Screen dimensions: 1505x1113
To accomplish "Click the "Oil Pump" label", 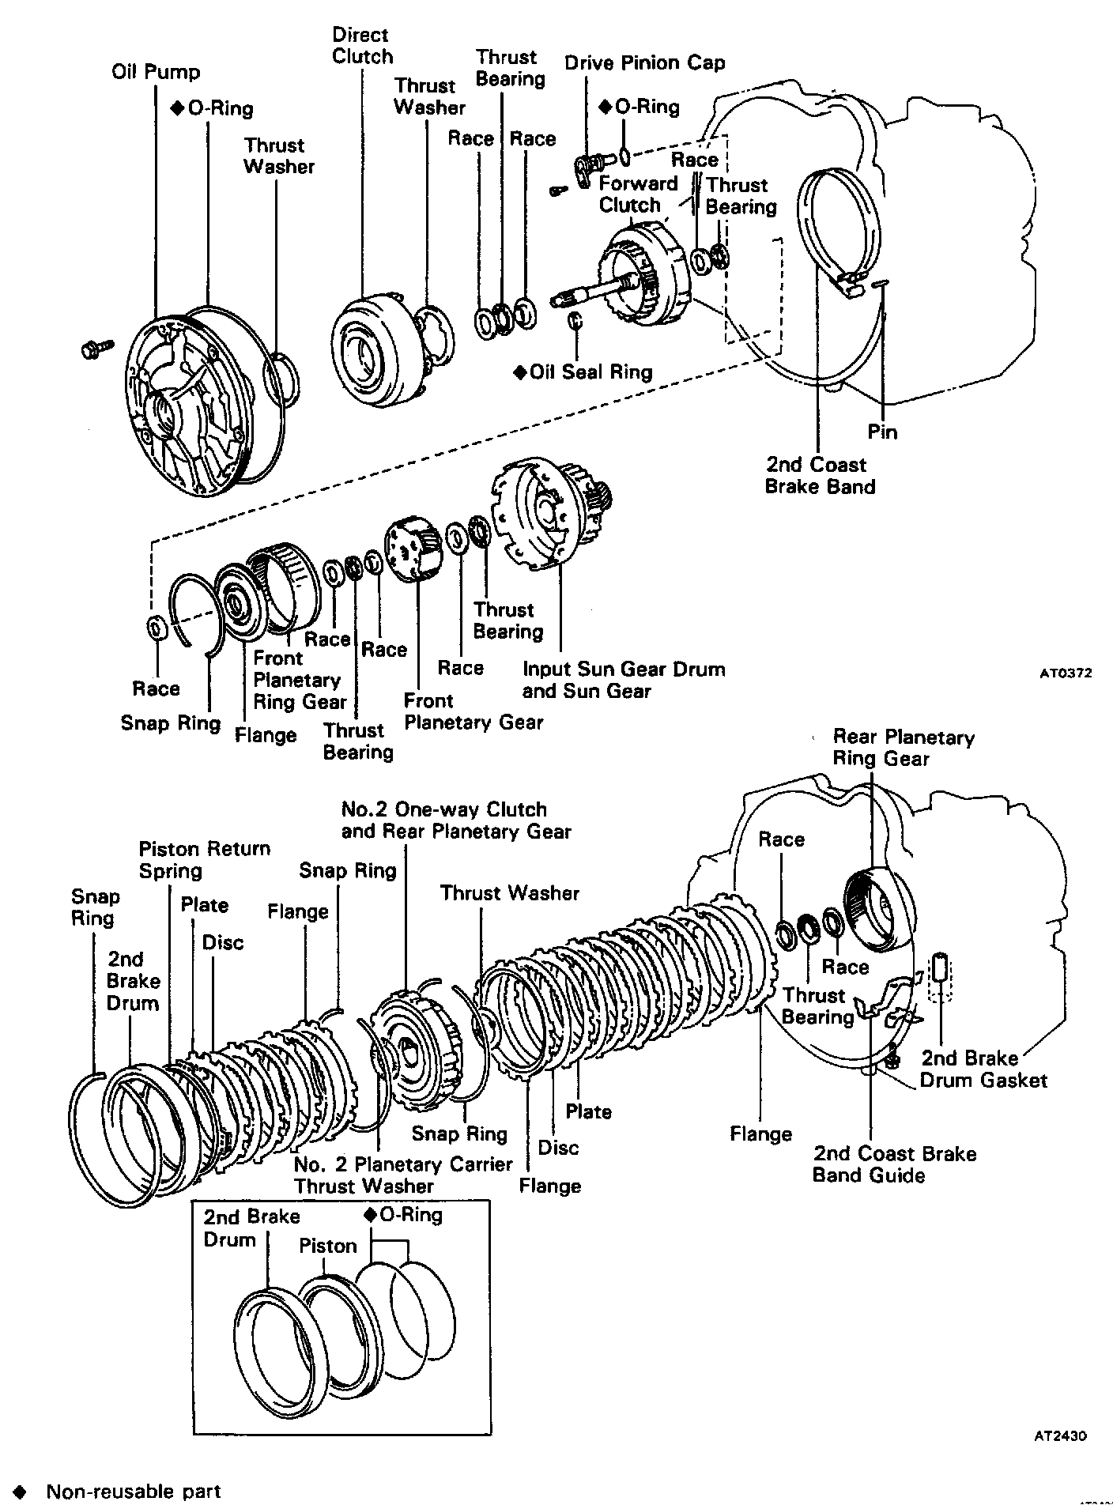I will tap(156, 73).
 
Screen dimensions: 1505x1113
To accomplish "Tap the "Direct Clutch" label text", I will tap(362, 46).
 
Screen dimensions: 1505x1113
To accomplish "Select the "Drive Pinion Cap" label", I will tap(644, 63).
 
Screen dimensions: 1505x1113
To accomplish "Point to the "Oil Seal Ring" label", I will tap(590, 372).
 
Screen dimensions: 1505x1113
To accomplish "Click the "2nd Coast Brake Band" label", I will tap(820, 475).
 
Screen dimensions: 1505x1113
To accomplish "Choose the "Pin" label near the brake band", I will tap(882, 432).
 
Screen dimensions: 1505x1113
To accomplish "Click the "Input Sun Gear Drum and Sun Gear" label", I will tap(623, 680).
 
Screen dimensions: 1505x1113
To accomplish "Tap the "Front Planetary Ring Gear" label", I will tap(300, 680).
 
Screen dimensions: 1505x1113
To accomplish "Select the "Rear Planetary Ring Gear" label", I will tap(903, 748).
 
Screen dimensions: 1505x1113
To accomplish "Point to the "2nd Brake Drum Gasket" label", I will tap(983, 1069).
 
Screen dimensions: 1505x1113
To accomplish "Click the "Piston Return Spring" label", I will tap(204, 859).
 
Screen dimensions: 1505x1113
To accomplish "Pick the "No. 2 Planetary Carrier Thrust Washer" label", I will tap(403, 1175).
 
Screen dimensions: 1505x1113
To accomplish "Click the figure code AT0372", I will tap(1065, 673).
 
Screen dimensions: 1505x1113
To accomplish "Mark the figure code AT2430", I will tap(1059, 1436).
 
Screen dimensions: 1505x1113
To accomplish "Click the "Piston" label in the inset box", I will tap(328, 1246).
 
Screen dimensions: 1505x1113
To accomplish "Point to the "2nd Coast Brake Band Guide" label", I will tap(894, 1164).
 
